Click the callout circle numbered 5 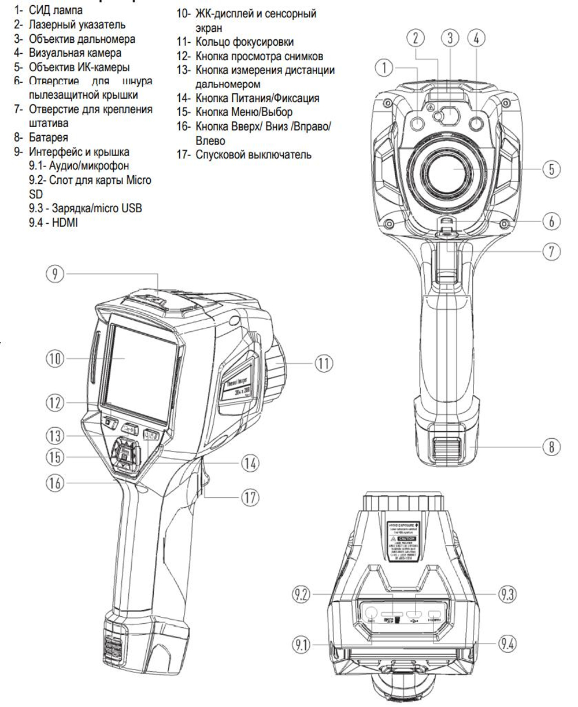pyautogui.click(x=551, y=169)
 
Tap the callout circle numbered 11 pyautogui.click(x=323, y=363)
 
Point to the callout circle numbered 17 pyautogui.click(x=249, y=498)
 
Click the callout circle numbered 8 pyautogui.click(x=551, y=447)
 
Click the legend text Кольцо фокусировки pyautogui.click(x=244, y=42)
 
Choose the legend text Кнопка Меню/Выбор pyautogui.click(x=243, y=112)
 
